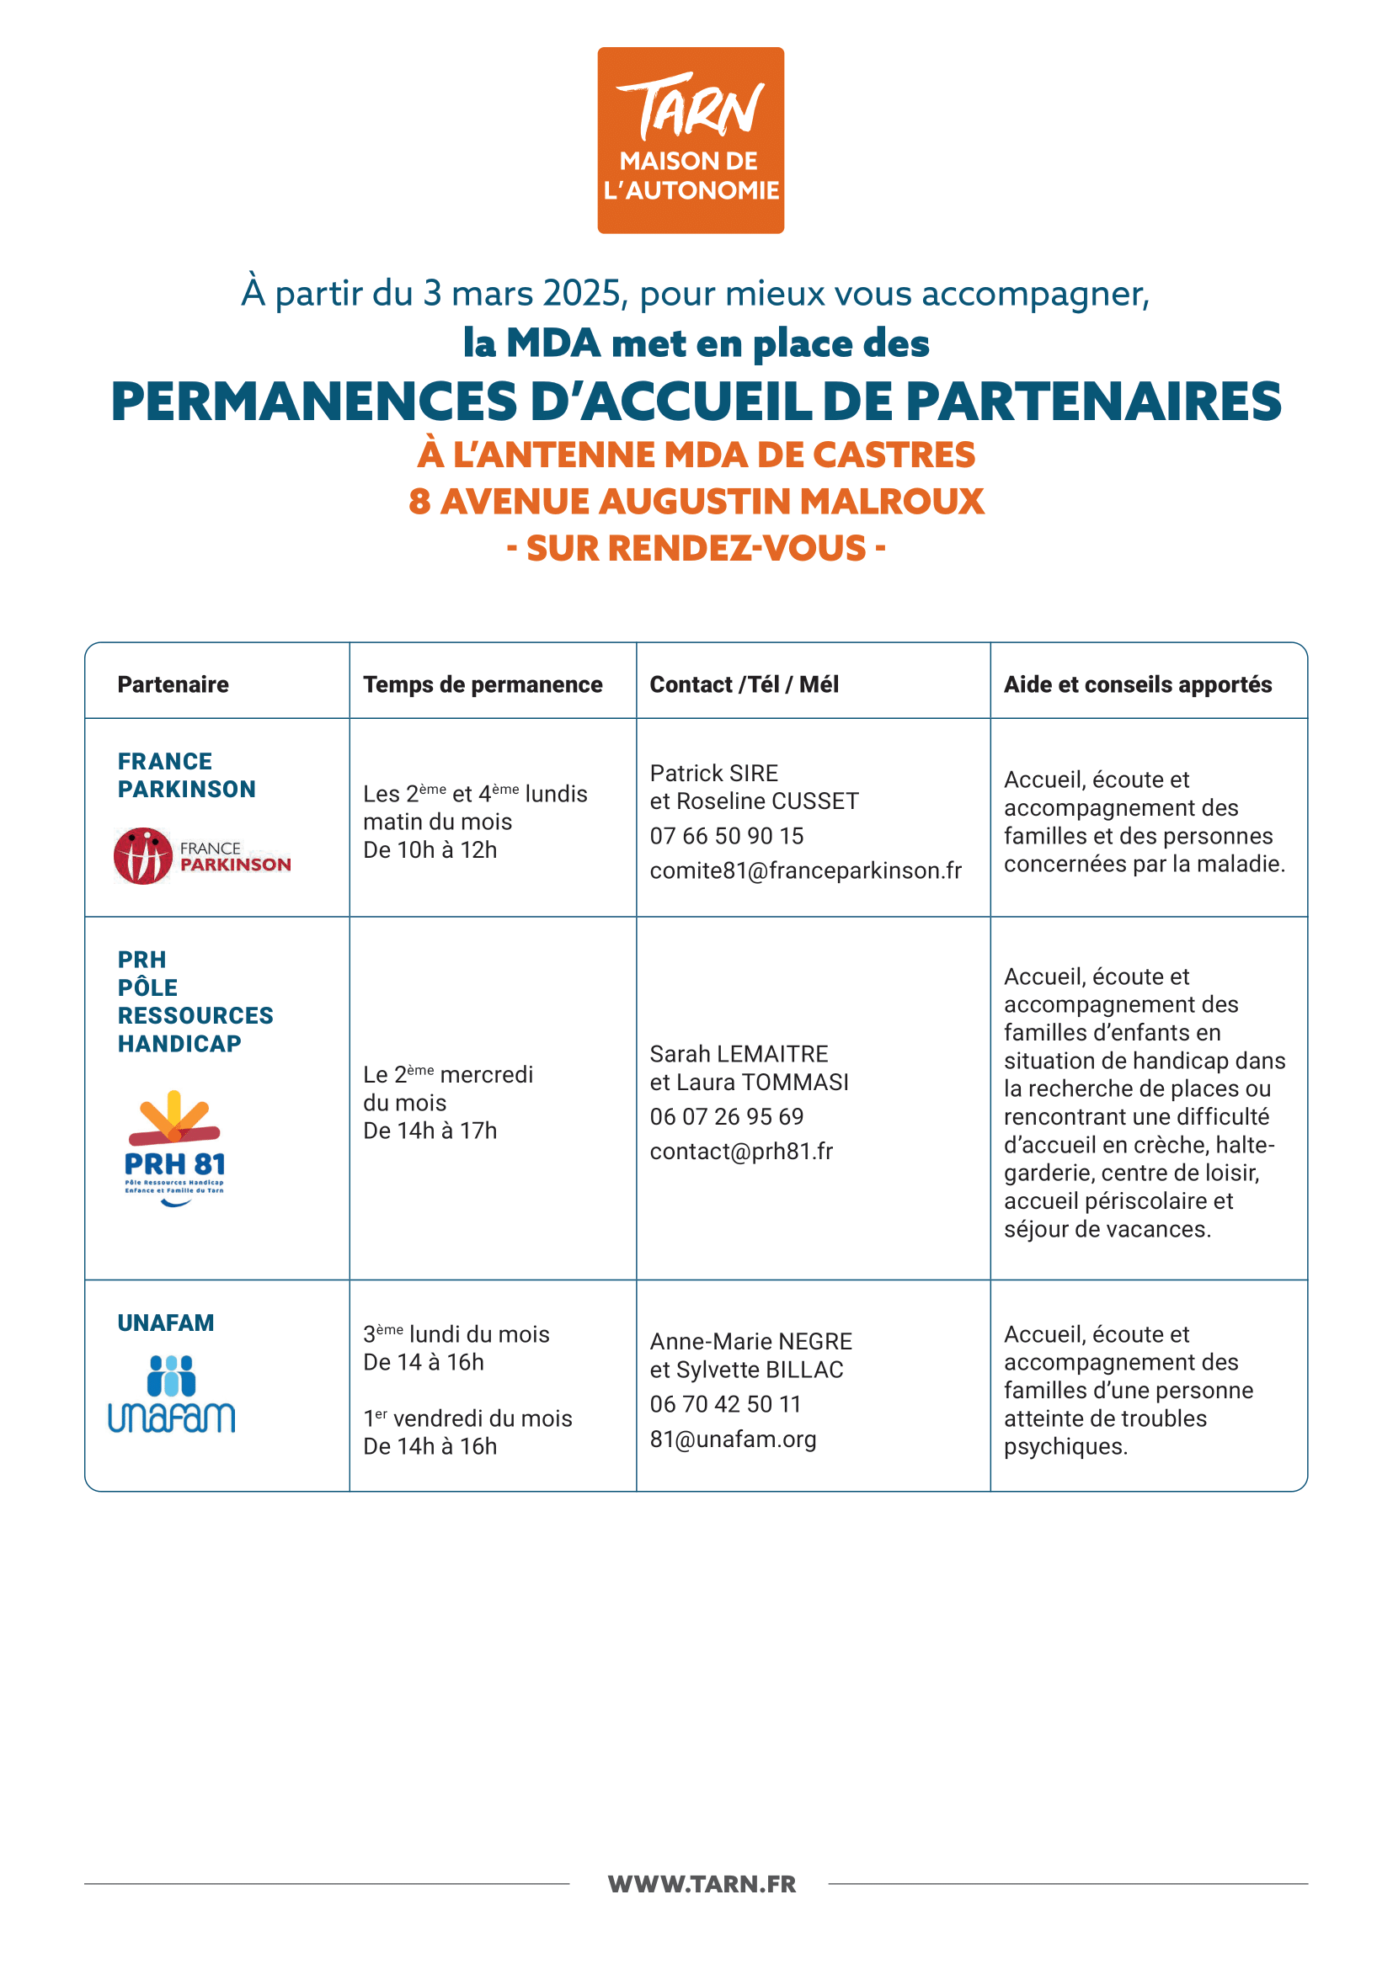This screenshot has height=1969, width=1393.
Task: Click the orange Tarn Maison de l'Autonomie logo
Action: coord(691,140)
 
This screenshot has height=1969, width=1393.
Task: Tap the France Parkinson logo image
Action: coord(202,855)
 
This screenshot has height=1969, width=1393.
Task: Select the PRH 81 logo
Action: coord(174,1147)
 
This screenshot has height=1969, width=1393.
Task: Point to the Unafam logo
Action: coord(172,1393)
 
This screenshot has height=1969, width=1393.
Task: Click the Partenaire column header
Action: coord(173,684)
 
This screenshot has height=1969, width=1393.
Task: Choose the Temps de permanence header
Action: coord(482,684)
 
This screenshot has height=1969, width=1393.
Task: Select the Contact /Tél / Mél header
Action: coord(744,684)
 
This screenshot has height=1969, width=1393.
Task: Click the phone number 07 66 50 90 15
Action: coord(727,835)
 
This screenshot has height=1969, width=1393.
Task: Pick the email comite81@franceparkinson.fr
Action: coord(805,870)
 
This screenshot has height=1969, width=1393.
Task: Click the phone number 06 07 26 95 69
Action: coord(727,1116)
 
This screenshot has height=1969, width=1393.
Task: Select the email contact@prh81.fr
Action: coord(741,1151)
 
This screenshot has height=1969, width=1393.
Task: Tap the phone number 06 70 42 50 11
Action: coord(725,1404)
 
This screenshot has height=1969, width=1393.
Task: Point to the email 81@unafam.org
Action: coord(733,1439)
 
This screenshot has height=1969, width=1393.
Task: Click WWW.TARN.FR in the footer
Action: coord(702,1884)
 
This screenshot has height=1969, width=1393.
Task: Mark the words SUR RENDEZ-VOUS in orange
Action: coord(696,549)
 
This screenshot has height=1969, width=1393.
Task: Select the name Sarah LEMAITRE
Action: coord(739,1054)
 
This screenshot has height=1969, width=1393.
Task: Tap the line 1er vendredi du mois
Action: coord(467,1418)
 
